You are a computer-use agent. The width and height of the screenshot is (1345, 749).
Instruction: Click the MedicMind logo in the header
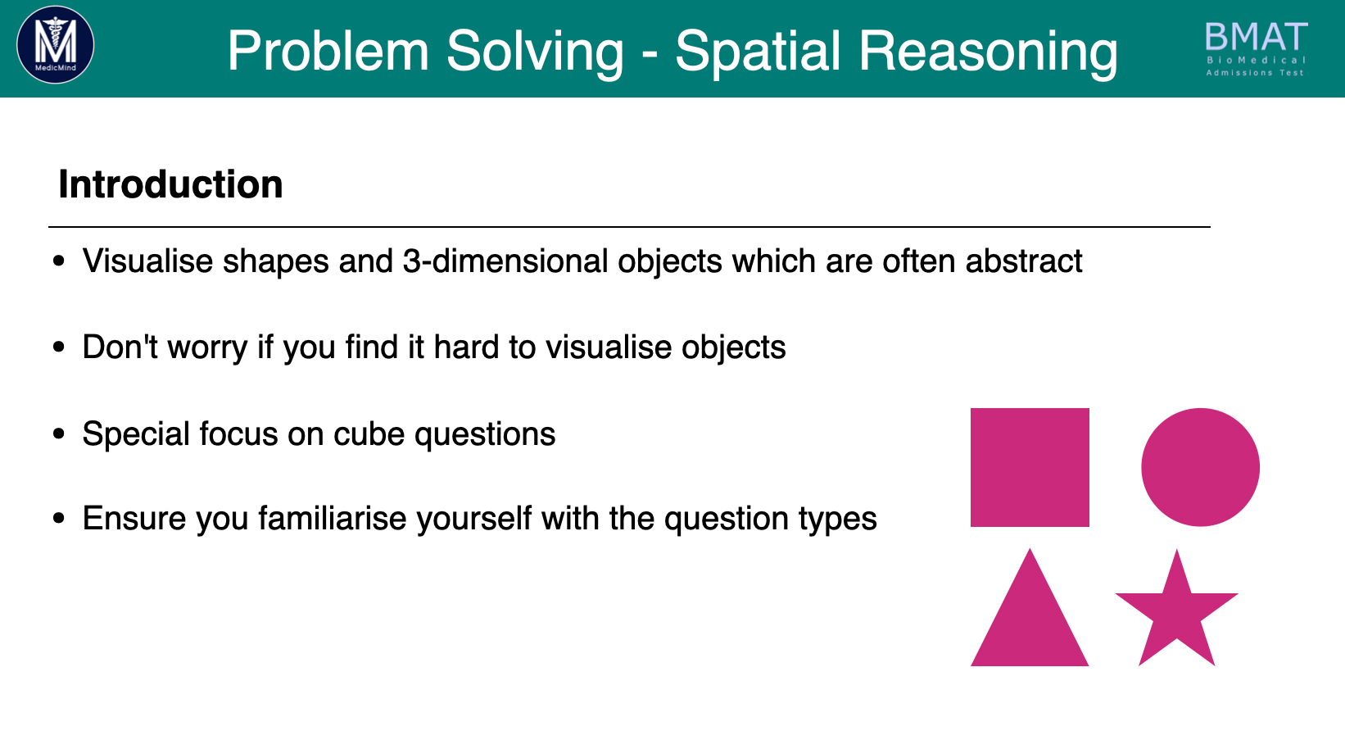[55, 45]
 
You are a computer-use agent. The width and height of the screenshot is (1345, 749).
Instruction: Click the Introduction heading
[170, 184]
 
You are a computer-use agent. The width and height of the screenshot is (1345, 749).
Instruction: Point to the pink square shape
[1030, 467]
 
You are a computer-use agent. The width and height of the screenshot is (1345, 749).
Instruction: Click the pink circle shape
[1200, 467]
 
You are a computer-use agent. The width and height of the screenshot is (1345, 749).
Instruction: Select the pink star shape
[1177, 613]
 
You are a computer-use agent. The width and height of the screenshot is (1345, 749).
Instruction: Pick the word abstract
[1024, 261]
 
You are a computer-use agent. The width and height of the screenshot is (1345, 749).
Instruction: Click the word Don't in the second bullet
[120, 347]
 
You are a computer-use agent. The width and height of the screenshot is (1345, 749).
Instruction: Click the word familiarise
[335, 518]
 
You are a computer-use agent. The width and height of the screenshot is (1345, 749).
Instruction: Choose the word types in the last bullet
[837, 519]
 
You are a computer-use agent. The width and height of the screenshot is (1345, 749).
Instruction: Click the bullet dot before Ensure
[58, 518]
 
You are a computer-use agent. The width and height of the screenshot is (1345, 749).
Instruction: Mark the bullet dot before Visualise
[58, 261]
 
